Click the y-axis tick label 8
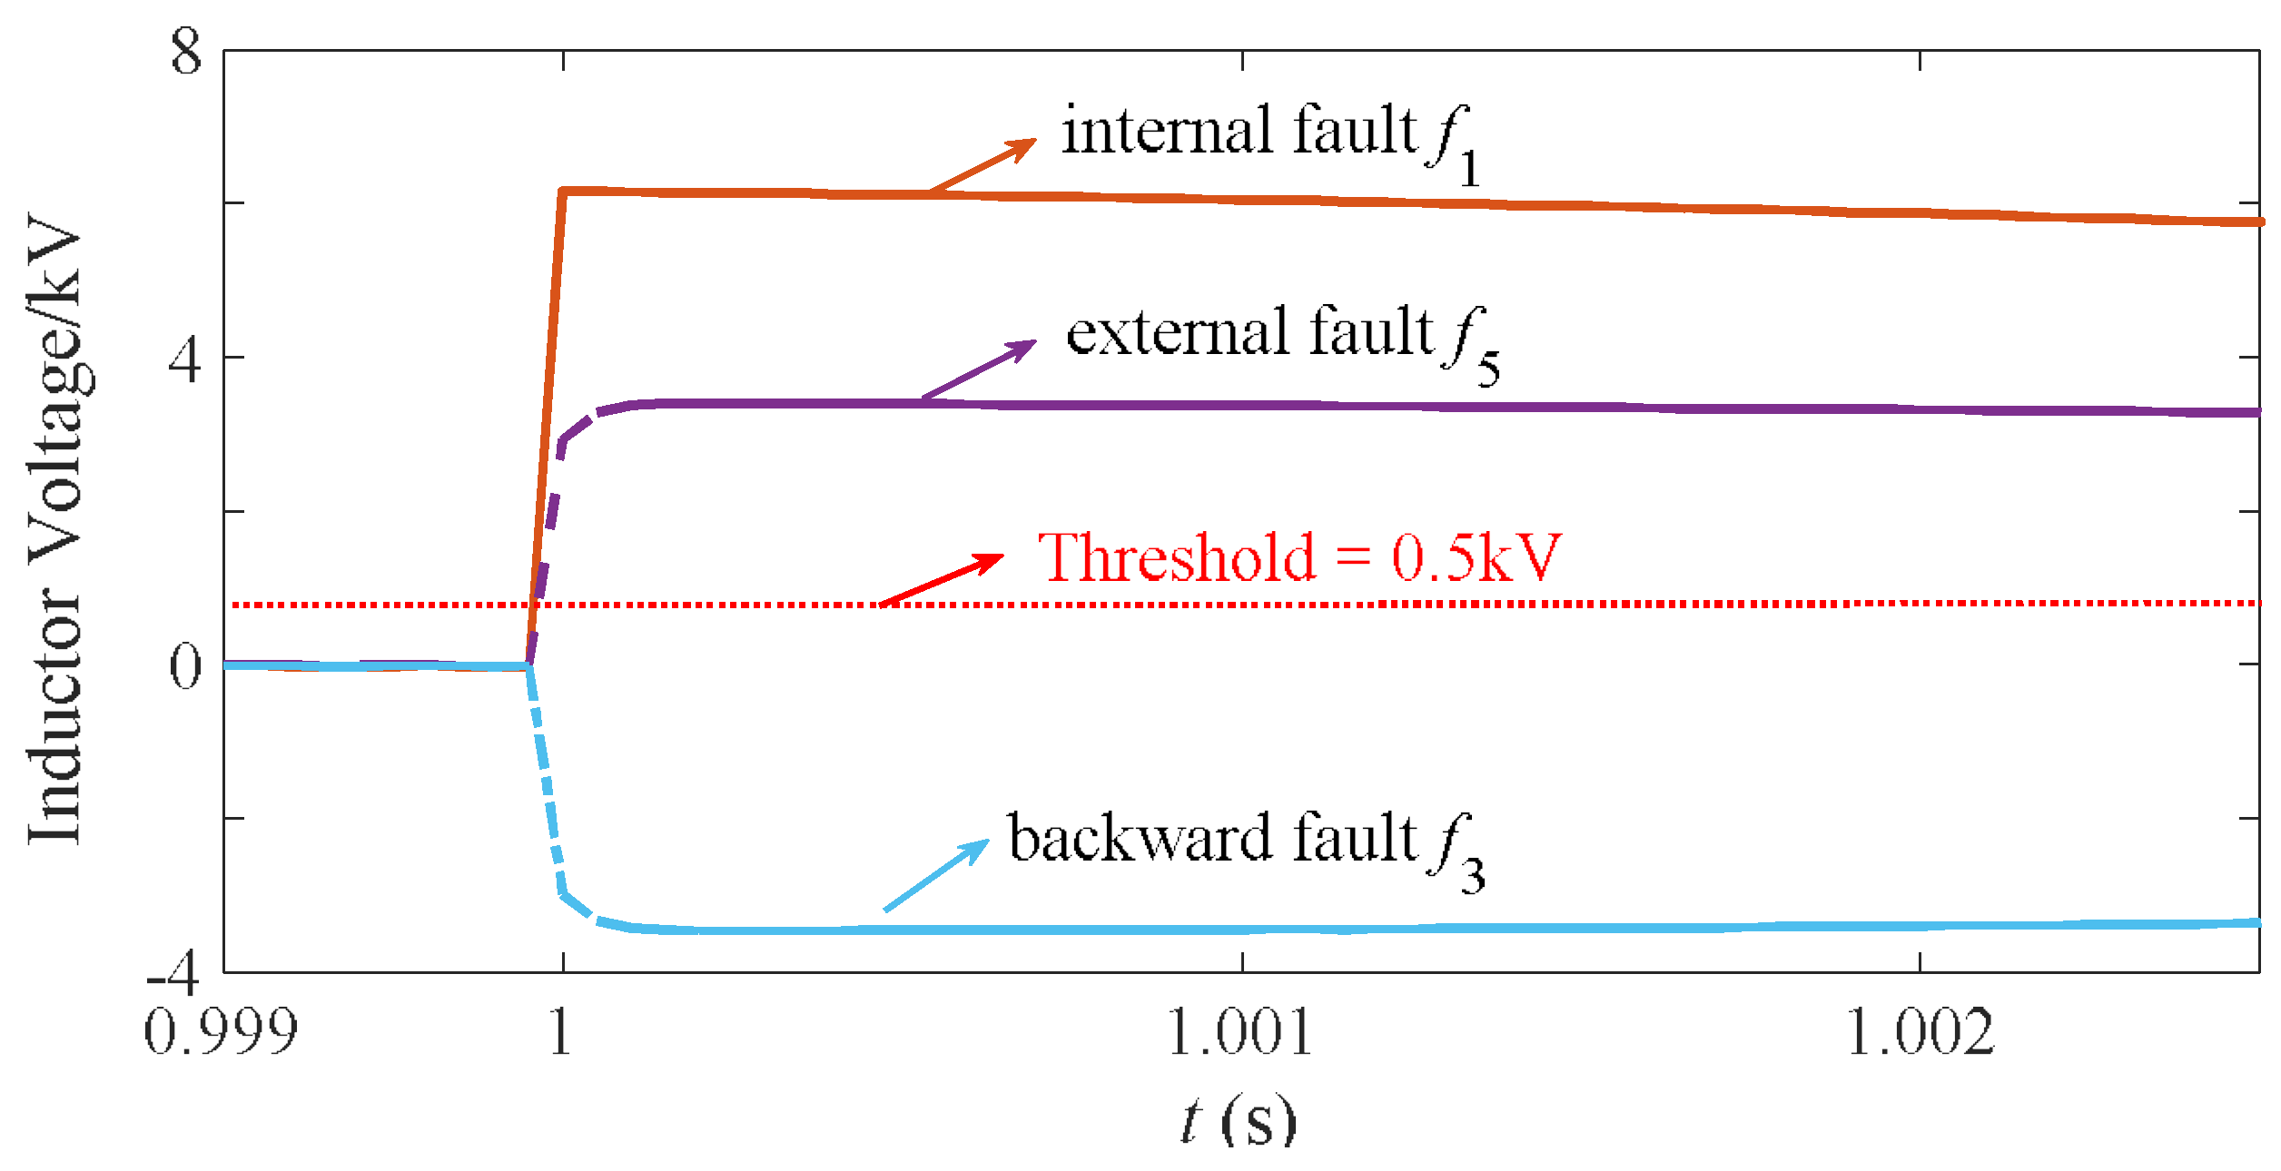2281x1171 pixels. point(186,52)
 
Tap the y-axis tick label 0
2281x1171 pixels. point(185,667)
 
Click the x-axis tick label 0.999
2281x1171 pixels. point(221,1032)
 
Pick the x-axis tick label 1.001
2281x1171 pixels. point(1240,1032)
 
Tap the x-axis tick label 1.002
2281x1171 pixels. point(1920,1032)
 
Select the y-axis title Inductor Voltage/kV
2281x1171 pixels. point(56,529)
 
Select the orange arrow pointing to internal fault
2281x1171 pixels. point(983,165)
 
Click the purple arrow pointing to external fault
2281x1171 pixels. point(979,369)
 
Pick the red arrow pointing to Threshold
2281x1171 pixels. point(942,579)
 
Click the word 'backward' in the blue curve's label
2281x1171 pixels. point(1140,837)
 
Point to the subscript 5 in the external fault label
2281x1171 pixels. point(1488,369)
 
